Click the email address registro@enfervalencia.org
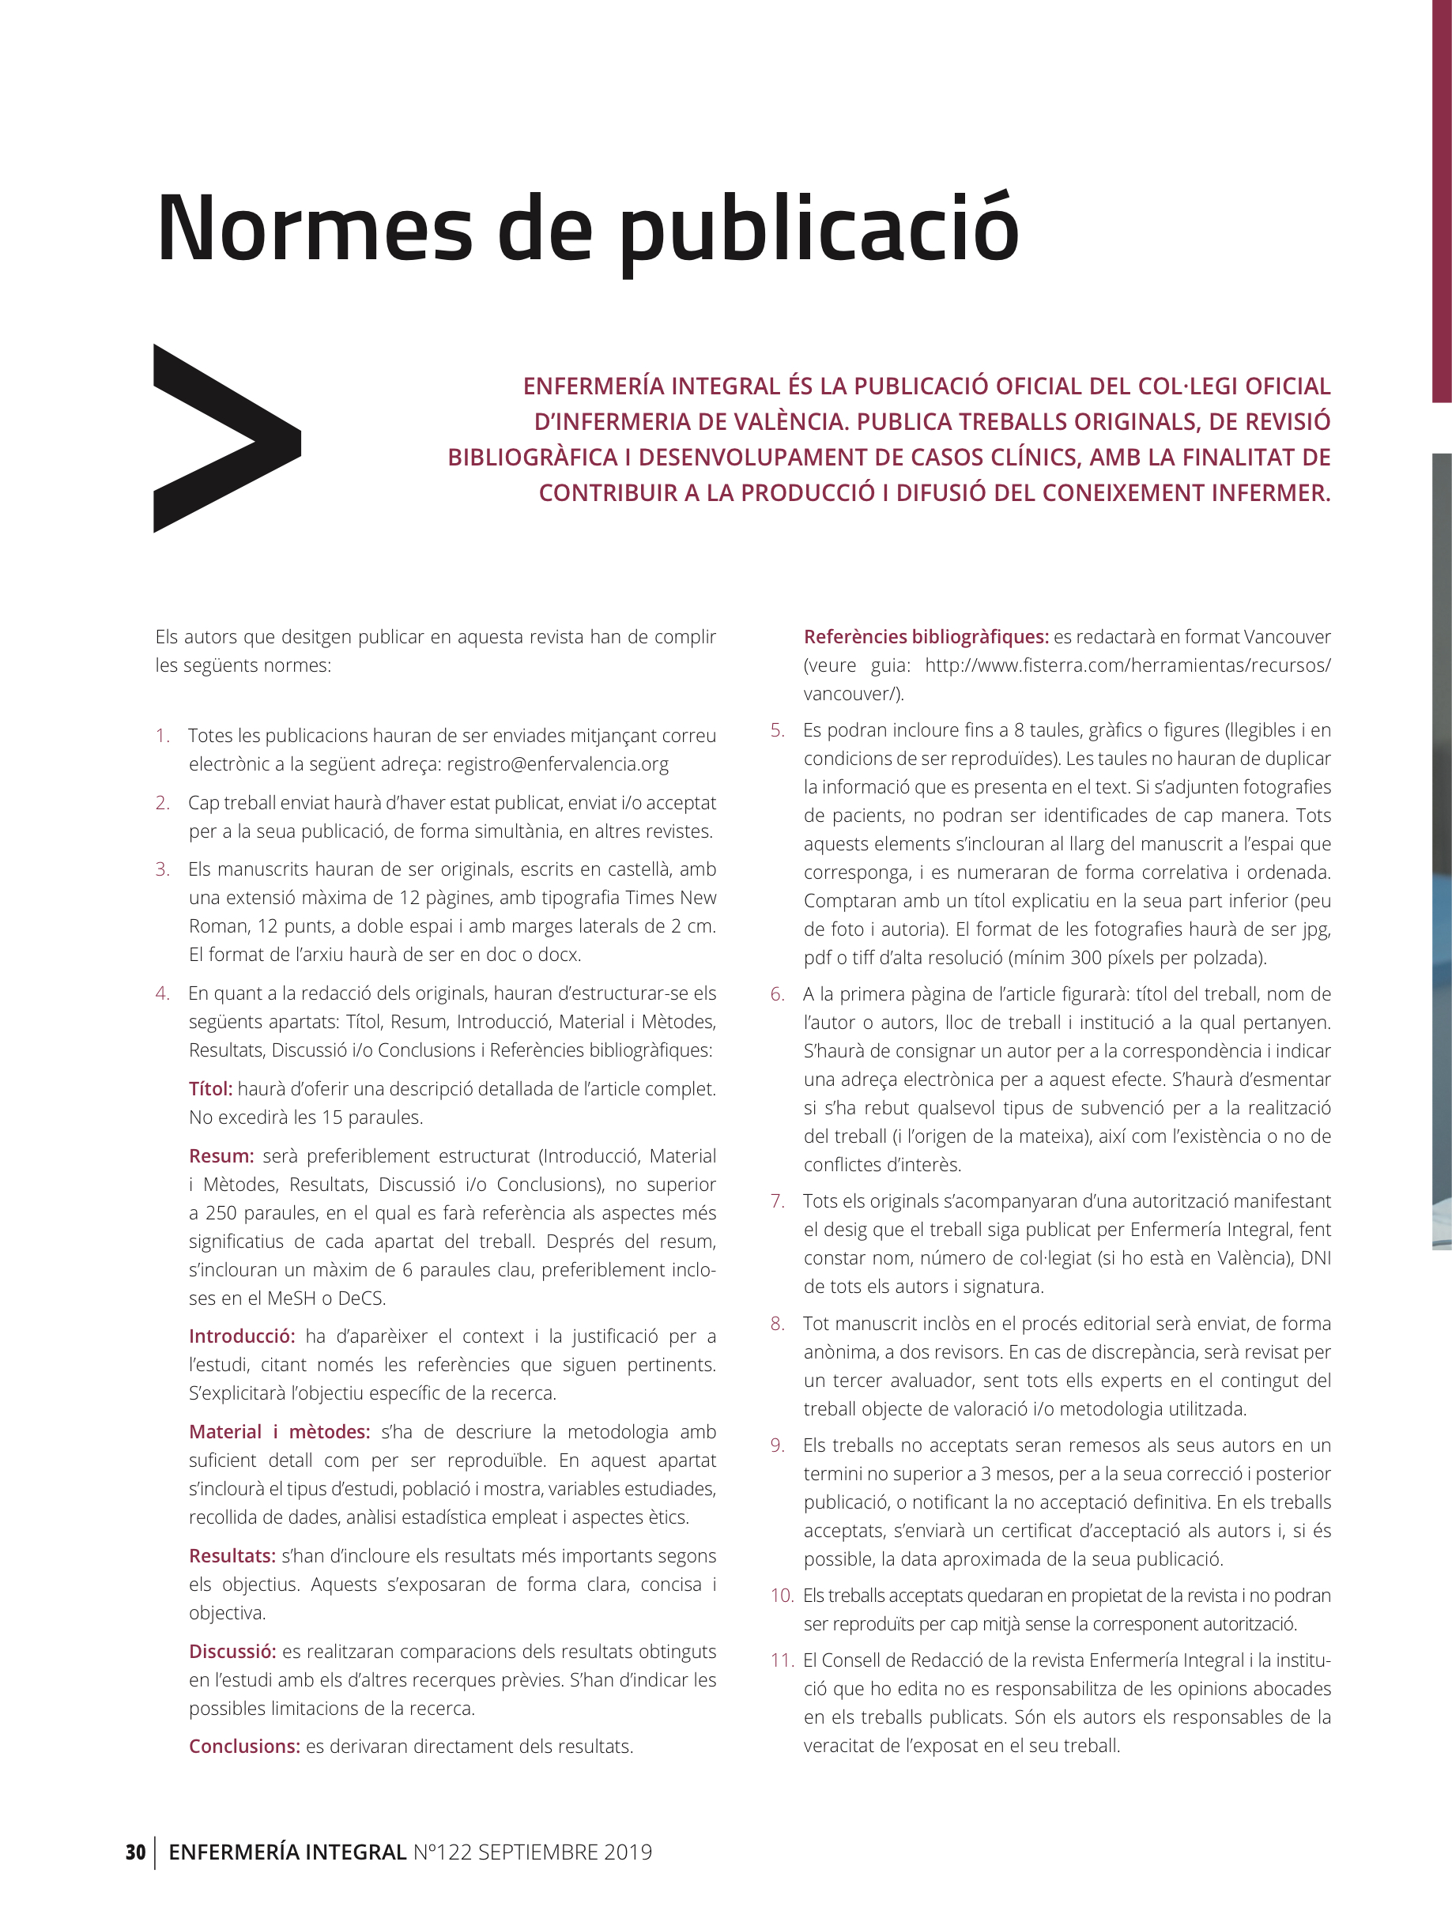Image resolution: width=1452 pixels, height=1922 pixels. click(x=557, y=765)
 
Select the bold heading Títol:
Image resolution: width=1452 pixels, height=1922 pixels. click(x=210, y=1089)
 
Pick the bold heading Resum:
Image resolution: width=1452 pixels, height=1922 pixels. click(x=221, y=1155)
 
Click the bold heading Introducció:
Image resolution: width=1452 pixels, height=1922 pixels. click(x=242, y=1336)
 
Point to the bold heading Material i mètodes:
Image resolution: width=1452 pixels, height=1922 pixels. click(x=279, y=1432)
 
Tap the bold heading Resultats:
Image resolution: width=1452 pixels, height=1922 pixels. click(x=232, y=1556)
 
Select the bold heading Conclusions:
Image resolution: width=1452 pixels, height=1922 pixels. click(x=244, y=1747)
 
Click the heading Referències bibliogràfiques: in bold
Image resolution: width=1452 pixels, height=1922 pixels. click(x=926, y=637)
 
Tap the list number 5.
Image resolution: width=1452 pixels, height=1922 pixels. click(x=777, y=731)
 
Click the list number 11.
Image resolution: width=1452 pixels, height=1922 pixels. click(x=782, y=1660)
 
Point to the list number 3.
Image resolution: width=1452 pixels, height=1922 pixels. click(x=163, y=870)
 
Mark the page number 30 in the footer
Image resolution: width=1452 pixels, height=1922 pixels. click(x=135, y=1852)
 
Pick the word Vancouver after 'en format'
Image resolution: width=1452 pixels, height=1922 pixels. click(x=1287, y=637)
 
